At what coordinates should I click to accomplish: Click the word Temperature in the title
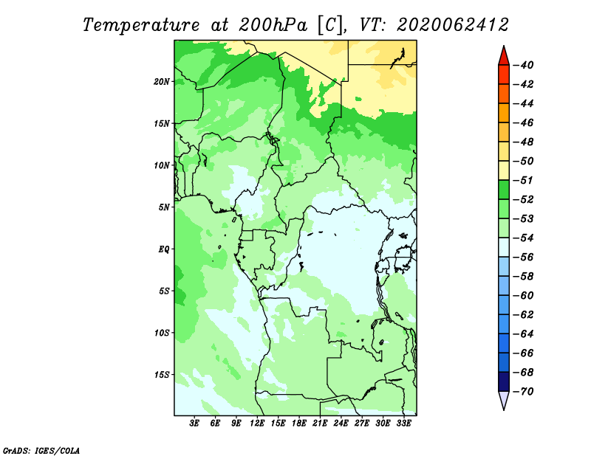[x=140, y=25]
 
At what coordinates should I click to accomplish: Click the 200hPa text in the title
[x=273, y=25]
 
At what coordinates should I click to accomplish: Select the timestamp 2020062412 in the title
[x=453, y=25]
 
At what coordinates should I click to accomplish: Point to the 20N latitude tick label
[x=161, y=81]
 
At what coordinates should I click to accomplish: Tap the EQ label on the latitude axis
[x=163, y=249]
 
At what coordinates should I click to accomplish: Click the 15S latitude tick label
[x=162, y=375]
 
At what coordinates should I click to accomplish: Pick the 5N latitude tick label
[x=164, y=207]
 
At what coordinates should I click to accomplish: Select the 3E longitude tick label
[x=194, y=423]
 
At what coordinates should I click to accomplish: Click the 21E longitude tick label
[x=320, y=423]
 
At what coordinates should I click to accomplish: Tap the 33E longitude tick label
[x=404, y=423]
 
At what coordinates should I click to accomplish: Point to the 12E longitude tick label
[x=257, y=423]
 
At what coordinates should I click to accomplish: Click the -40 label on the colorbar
[x=524, y=65]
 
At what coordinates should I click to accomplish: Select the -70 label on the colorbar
[x=524, y=392]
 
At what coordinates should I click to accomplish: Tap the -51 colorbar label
[x=524, y=180]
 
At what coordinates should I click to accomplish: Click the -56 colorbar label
[x=524, y=258]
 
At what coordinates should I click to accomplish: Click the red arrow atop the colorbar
[x=504, y=57]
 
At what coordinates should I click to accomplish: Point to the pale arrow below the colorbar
[x=504, y=400]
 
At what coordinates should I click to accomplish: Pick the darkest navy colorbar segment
[x=504, y=381]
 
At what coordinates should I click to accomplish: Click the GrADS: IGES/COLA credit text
[x=41, y=450]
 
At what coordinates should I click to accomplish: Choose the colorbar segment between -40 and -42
[x=504, y=75]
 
